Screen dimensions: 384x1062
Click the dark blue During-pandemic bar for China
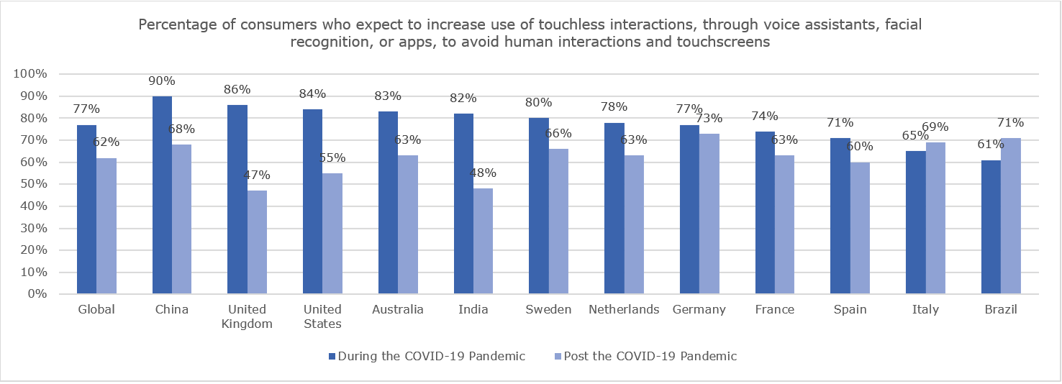pyautogui.click(x=162, y=195)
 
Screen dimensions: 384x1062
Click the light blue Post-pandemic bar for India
pyautogui.click(x=483, y=241)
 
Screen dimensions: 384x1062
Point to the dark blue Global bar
pyautogui.click(x=86, y=209)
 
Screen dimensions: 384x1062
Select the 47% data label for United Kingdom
pyautogui.click(x=257, y=175)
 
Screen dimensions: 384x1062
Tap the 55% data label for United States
pyautogui.click(x=332, y=157)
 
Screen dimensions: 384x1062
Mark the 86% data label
pyautogui.click(x=237, y=90)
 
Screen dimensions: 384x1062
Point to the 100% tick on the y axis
pyautogui.click(x=29, y=74)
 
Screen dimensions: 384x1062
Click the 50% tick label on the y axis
pyautogui.click(x=32, y=184)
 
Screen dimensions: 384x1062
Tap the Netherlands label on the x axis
pyautogui.click(x=623, y=310)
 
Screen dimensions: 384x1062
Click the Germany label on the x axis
pyautogui.click(x=699, y=310)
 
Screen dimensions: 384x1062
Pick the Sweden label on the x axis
pyautogui.click(x=548, y=310)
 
